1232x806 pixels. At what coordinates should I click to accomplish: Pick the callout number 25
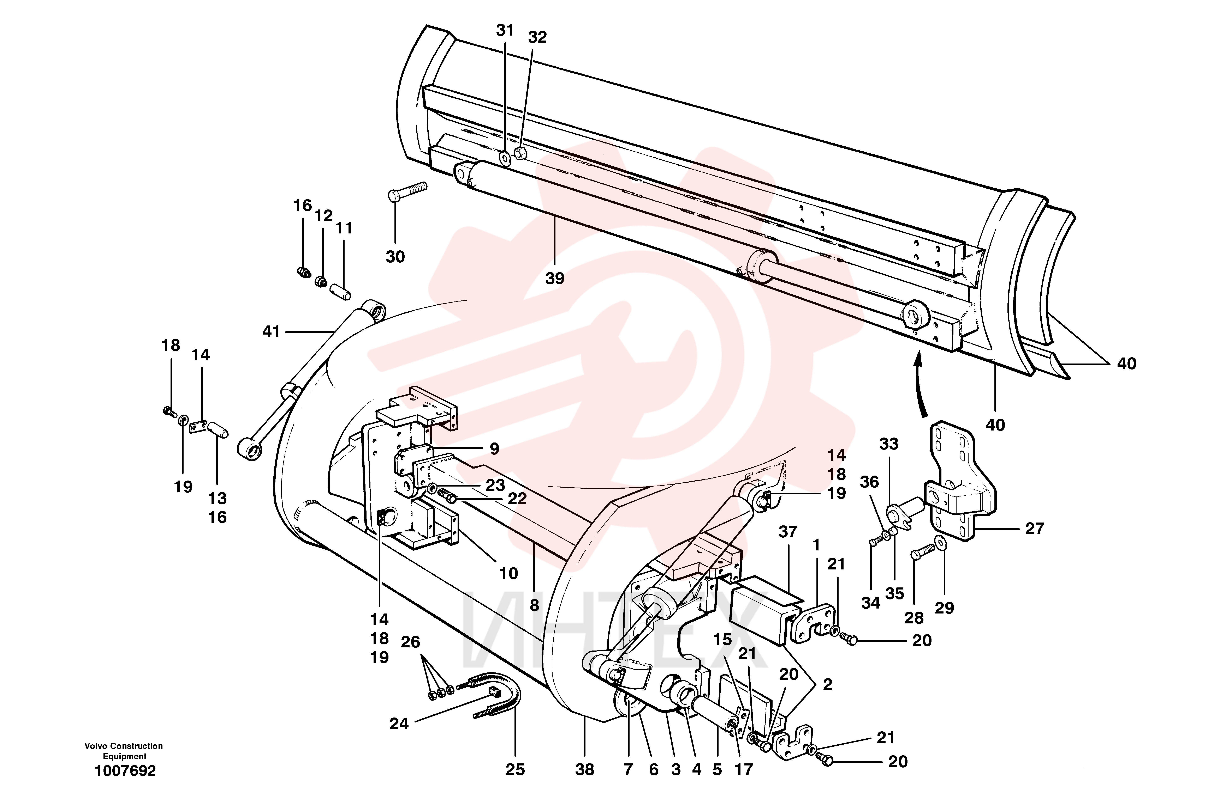click(515, 770)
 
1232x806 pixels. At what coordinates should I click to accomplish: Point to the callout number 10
click(508, 573)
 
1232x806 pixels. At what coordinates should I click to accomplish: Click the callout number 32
click(537, 37)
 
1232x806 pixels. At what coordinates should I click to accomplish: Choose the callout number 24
click(399, 724)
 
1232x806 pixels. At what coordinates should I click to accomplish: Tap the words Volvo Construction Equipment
click(124, 751)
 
